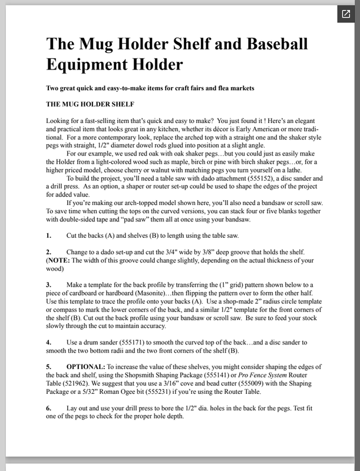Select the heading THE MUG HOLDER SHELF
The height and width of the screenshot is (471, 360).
90,104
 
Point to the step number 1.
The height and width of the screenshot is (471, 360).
48,235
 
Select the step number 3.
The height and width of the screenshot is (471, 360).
48,284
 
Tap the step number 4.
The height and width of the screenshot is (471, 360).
48,341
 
